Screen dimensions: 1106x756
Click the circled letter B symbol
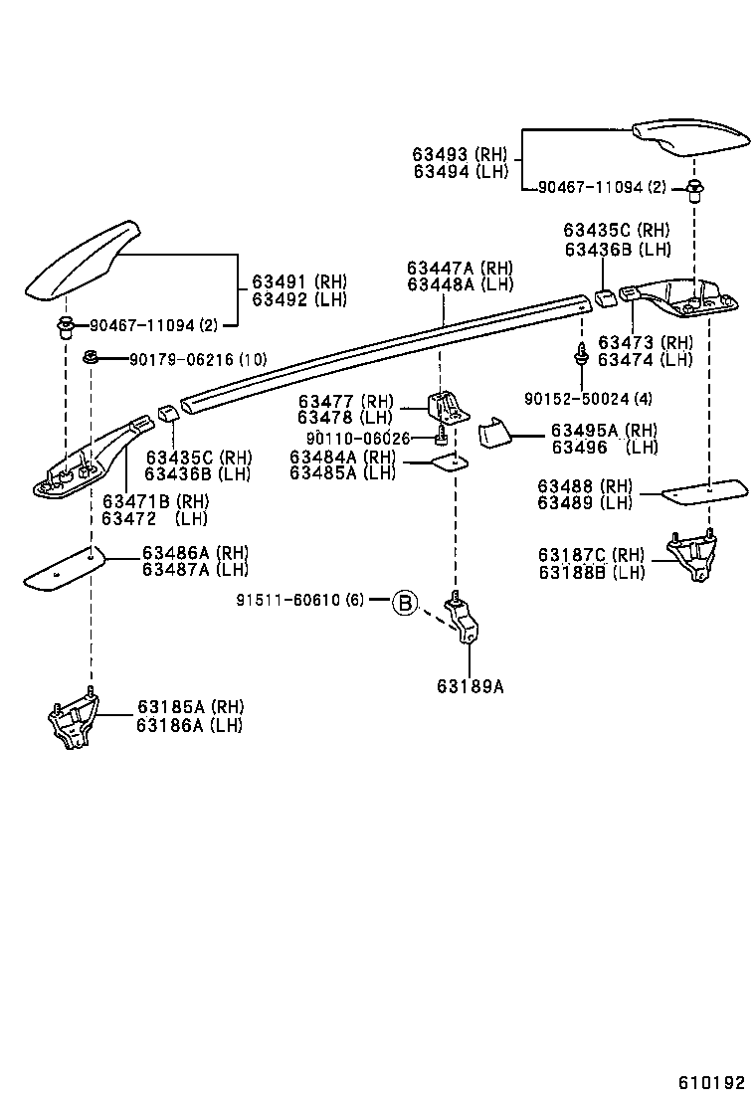pos(404,602)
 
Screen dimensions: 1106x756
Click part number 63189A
pos(469,685)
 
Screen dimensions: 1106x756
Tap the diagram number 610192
pos(711,1082)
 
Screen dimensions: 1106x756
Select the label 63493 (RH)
pos(460,154)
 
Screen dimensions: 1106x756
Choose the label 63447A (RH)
pos(460,269)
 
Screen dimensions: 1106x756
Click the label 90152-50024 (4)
pos(589,399)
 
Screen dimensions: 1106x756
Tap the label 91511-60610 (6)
pos(300,600)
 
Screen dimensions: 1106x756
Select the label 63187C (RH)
pos(591,555)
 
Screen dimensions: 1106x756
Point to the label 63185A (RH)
pos(190,707)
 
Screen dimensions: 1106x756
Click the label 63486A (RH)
pos(195,552)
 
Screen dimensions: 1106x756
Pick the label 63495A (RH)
pos(604,431)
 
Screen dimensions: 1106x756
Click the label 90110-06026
pos(357,439)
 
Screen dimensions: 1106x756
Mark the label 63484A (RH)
pos(342,457)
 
